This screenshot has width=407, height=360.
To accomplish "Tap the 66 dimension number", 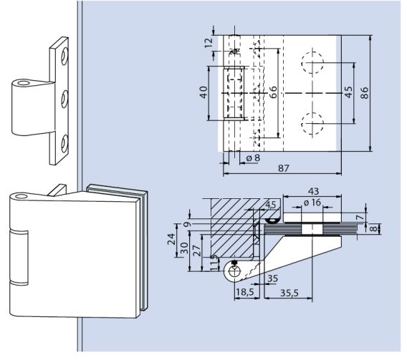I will point(272,93).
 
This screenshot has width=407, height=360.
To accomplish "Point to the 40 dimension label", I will point(203,93).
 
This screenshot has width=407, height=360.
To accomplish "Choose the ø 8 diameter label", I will point(252,157).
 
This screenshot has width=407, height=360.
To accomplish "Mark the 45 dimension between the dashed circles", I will point(349,93).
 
